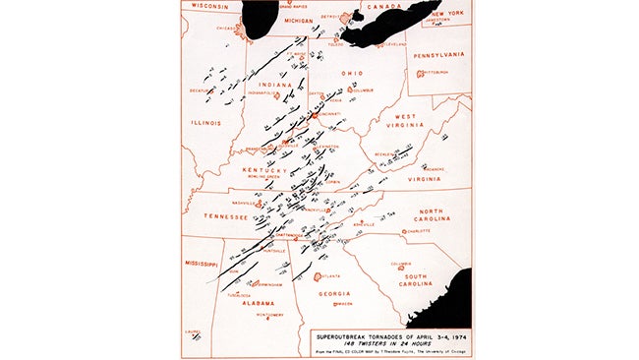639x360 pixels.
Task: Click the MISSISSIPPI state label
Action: (200, 264)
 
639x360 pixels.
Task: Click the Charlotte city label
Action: (417, 230)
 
